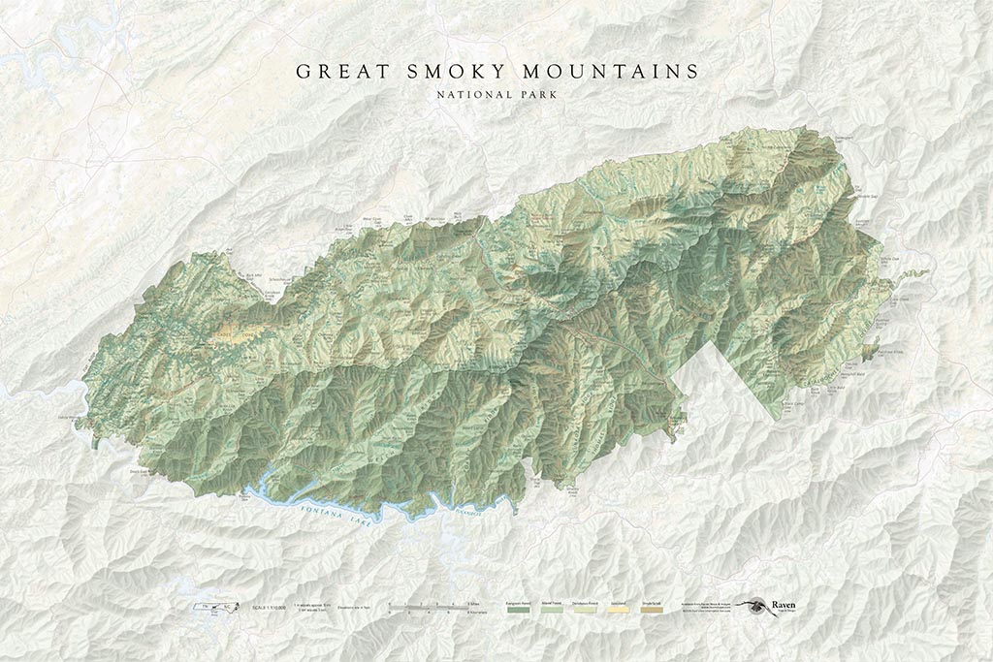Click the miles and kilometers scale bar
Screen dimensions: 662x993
tap(428, 610)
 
